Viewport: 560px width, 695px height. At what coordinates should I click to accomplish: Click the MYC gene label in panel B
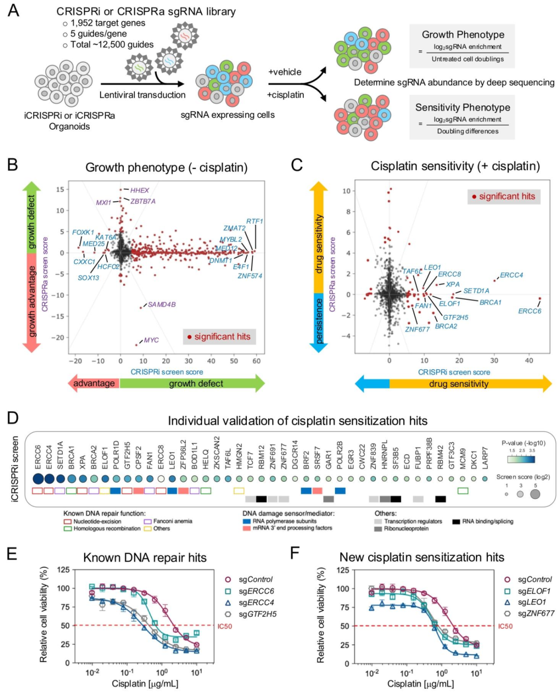pyautogui.click(x=151, y=340)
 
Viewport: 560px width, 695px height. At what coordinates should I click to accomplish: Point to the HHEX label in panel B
pyautogui.click(x=139, y=190)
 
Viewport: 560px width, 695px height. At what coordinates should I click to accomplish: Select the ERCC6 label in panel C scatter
pyautogui.click(x=529, y=311)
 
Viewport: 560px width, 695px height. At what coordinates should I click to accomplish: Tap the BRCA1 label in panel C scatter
pyautogui.click(x=490, y=302)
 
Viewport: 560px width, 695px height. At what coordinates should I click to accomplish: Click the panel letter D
pyautogui.click(x=12, y=418)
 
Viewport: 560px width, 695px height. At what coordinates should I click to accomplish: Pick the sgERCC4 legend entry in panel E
pyautogui.click(x=256, y=603)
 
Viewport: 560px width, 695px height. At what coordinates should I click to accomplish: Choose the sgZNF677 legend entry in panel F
pyautogui.click(x=536, y=614)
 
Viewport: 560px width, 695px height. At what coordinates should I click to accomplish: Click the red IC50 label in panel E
pyautogui.click(x=225, y=626)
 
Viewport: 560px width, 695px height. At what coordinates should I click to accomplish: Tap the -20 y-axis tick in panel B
pyautogui.click(x=58, y=337)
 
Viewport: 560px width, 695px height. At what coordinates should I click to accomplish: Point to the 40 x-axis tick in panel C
pyautogui.click(x=529, y=360)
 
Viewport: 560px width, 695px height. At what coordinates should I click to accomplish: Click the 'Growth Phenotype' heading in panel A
pyautogui.click(x=463, y=35)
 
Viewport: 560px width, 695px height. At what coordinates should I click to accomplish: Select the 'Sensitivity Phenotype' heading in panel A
pyautogui.click(x=463, y=107)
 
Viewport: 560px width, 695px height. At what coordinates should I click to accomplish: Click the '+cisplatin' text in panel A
pyautogui.click(x=285, y=94)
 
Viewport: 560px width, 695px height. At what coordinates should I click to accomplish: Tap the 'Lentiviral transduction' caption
pyautogui.click(x=142, y=95)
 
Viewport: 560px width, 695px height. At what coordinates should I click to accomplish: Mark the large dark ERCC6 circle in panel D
pyautogui.click(x=38, y=479)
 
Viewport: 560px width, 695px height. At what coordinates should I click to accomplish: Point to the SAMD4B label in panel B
pyautogui.click(x=161, y=304)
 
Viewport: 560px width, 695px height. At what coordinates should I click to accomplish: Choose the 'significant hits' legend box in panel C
pyautogui.click(x=503, y=196)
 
